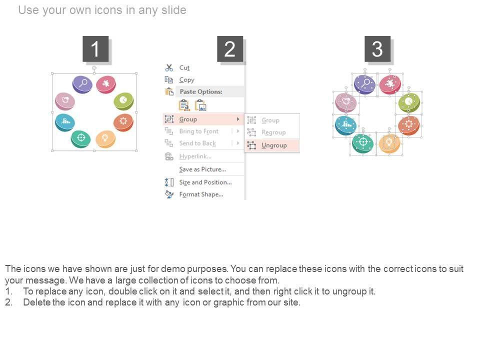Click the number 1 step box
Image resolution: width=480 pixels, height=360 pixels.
point(95,49)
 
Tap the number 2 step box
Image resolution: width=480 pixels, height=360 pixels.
point(230,49)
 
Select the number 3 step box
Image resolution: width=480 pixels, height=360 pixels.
point(377,49)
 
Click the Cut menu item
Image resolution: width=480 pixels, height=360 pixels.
point(184,67)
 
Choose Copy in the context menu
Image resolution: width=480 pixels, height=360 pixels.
point(186,80)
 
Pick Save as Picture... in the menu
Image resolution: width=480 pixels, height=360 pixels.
point(202,169)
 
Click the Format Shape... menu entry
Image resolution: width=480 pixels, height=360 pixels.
point(201,194)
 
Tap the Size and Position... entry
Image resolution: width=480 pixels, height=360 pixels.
point(205,182)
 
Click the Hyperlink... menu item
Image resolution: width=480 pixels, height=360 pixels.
point(195,156)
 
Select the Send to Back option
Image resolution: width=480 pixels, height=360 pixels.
point(197,143)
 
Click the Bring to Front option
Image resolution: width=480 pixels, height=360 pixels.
point(199,131)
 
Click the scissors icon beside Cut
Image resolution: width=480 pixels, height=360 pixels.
point(169,67)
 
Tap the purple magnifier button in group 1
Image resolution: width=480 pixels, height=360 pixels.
point(82,84)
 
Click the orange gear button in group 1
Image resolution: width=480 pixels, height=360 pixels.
point(123,122)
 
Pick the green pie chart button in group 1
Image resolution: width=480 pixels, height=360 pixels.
point(123,101)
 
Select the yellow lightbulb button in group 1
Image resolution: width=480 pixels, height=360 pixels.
point(105,139)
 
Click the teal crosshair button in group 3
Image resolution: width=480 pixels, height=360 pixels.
point(363,143)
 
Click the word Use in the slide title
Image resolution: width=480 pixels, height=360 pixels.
point(29,10)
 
